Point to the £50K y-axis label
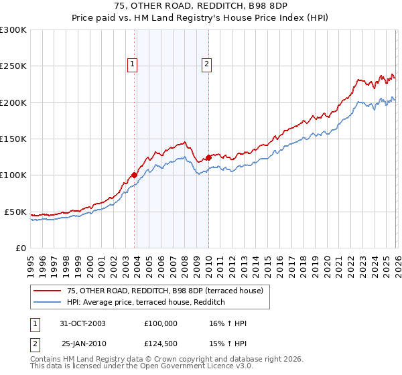[15, 212]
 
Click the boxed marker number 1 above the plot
[132, 64]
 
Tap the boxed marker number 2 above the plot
[206, 64]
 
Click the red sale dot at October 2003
[135, 175]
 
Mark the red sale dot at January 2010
[208, 157]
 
